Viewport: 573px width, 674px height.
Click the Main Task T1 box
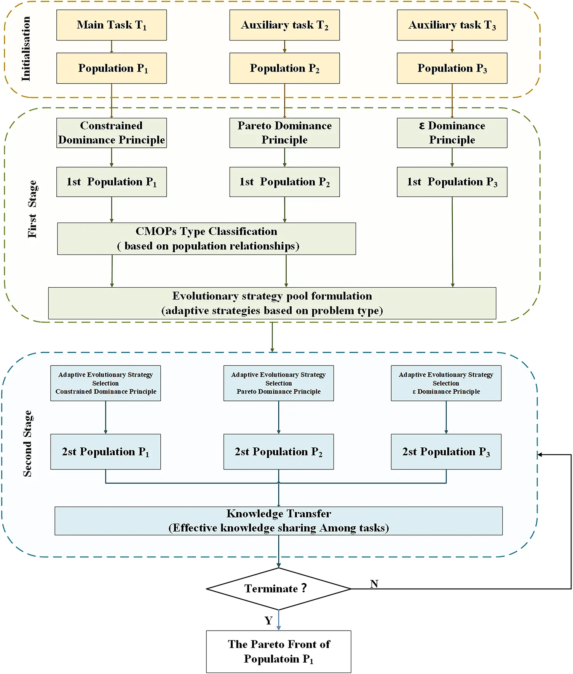(111, 25)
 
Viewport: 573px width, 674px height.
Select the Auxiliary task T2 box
(284, 25)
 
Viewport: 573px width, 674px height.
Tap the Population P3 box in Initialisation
(452, 68)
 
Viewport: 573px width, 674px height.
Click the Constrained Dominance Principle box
(111, 133)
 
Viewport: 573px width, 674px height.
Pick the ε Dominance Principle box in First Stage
(452, 133)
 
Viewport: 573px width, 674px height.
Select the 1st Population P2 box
(284, 182)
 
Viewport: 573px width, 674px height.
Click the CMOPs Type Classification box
(206, 239)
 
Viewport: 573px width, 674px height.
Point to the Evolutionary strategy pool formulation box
(272, 303)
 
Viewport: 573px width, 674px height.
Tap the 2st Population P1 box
(105, 451)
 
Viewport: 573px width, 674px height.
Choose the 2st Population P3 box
(446, 451)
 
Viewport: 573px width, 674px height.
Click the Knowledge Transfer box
(278, 521)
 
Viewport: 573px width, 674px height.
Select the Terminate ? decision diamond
(278, 589)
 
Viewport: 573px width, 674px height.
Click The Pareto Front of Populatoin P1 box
(278, 652)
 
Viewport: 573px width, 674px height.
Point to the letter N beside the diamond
(374, 584)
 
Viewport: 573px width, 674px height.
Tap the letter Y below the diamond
(268, 621)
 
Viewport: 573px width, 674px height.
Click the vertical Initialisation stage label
(26, 49)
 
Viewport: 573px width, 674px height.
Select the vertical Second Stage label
(27, 443)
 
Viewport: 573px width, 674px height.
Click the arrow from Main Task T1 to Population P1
(112, 47)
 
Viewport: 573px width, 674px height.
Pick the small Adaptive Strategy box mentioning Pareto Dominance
(278, 383)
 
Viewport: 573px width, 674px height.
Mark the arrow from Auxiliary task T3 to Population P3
(452, 47)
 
